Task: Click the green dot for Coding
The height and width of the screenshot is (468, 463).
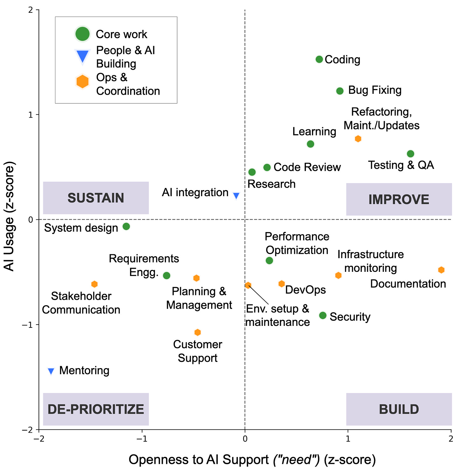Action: (x=319, y=59)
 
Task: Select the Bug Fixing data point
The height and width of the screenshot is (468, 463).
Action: (x=339, y=91)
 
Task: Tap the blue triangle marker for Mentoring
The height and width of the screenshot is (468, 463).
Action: (x=51, y=371)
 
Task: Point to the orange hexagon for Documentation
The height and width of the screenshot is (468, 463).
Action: (x=441, y=270)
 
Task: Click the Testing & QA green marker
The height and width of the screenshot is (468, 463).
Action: (x=410, y=154)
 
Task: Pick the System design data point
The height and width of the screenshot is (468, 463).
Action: (x=126, y=226)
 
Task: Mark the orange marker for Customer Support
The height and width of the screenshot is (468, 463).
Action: (x=197, y=332)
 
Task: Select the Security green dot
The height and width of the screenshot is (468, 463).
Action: (x=322, y=315)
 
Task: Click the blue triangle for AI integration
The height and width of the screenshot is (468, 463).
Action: (x=236, y=195)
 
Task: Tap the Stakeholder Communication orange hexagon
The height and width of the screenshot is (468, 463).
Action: (x=94, y=284)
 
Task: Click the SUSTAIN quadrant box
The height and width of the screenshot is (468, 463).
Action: (x=96, y=198)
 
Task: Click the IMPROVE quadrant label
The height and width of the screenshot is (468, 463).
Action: (x=399, y=199)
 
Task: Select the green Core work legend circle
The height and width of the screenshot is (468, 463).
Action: (x=82, y=34)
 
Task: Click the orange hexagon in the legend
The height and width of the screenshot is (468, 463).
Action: (x=82, y=81)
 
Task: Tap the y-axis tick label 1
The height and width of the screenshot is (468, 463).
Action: (x=30, y=115)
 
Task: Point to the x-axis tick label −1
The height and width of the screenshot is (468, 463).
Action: (x=142, y=439)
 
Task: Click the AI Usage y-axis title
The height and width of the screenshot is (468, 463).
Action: (x=9, y=216)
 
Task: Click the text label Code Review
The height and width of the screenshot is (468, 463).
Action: (x=307, y=167)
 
